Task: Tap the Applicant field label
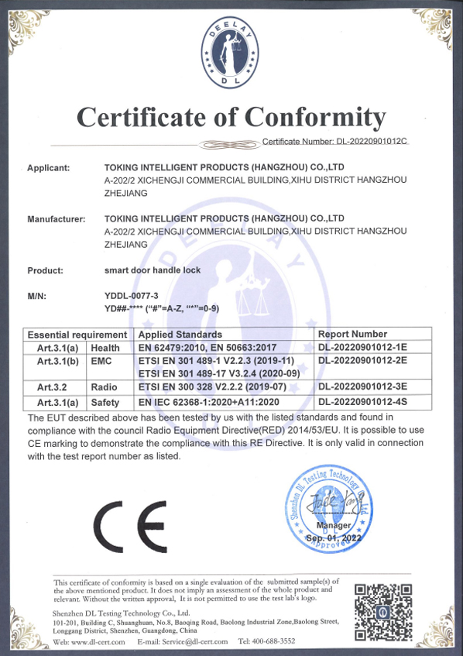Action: [49, 167]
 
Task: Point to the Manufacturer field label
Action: [56, 219]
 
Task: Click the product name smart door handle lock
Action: [152, 271]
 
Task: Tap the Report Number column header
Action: [352, 334]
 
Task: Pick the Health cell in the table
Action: [105, 348]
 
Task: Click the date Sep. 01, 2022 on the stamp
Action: [334, 536]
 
